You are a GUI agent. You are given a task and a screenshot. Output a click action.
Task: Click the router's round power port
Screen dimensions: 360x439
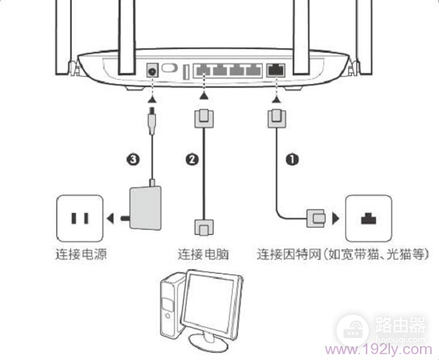point(154,71)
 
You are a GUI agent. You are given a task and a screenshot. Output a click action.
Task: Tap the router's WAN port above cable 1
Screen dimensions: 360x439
point(276,71)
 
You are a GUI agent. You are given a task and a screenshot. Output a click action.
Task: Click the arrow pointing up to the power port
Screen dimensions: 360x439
point(153,96)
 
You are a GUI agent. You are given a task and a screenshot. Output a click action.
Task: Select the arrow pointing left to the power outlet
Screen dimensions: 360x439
point(110,217)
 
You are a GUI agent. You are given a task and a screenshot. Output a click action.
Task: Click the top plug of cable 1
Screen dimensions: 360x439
point(276,116)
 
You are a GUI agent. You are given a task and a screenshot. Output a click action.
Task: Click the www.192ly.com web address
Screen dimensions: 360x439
point(373,348)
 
